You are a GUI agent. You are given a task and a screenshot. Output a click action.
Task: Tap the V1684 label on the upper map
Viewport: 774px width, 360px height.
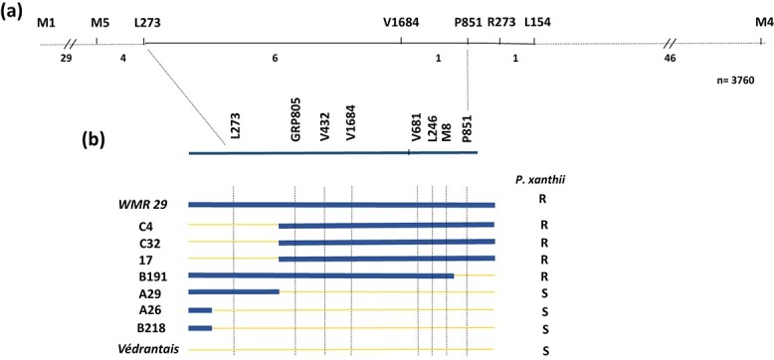tap(401, 23)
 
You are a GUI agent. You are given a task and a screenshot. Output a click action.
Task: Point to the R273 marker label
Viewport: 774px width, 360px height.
tap(501, 23)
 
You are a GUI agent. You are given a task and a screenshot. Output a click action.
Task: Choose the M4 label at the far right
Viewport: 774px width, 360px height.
tap(764, 23)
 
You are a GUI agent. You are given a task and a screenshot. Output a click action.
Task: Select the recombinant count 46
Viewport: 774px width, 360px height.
tap(670, 59)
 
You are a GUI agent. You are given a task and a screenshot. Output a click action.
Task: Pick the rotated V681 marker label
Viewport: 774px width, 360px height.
tap(417, 129)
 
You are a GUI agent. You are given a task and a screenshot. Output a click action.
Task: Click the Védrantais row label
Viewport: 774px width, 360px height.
tap(148, 349)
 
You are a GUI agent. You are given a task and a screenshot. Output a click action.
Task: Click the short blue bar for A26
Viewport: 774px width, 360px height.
tap(200, 310)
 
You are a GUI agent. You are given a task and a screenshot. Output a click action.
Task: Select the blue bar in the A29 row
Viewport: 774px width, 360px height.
tap(234, 292)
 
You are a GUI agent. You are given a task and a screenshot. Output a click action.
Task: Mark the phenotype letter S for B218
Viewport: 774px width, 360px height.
tap(545, 328)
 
